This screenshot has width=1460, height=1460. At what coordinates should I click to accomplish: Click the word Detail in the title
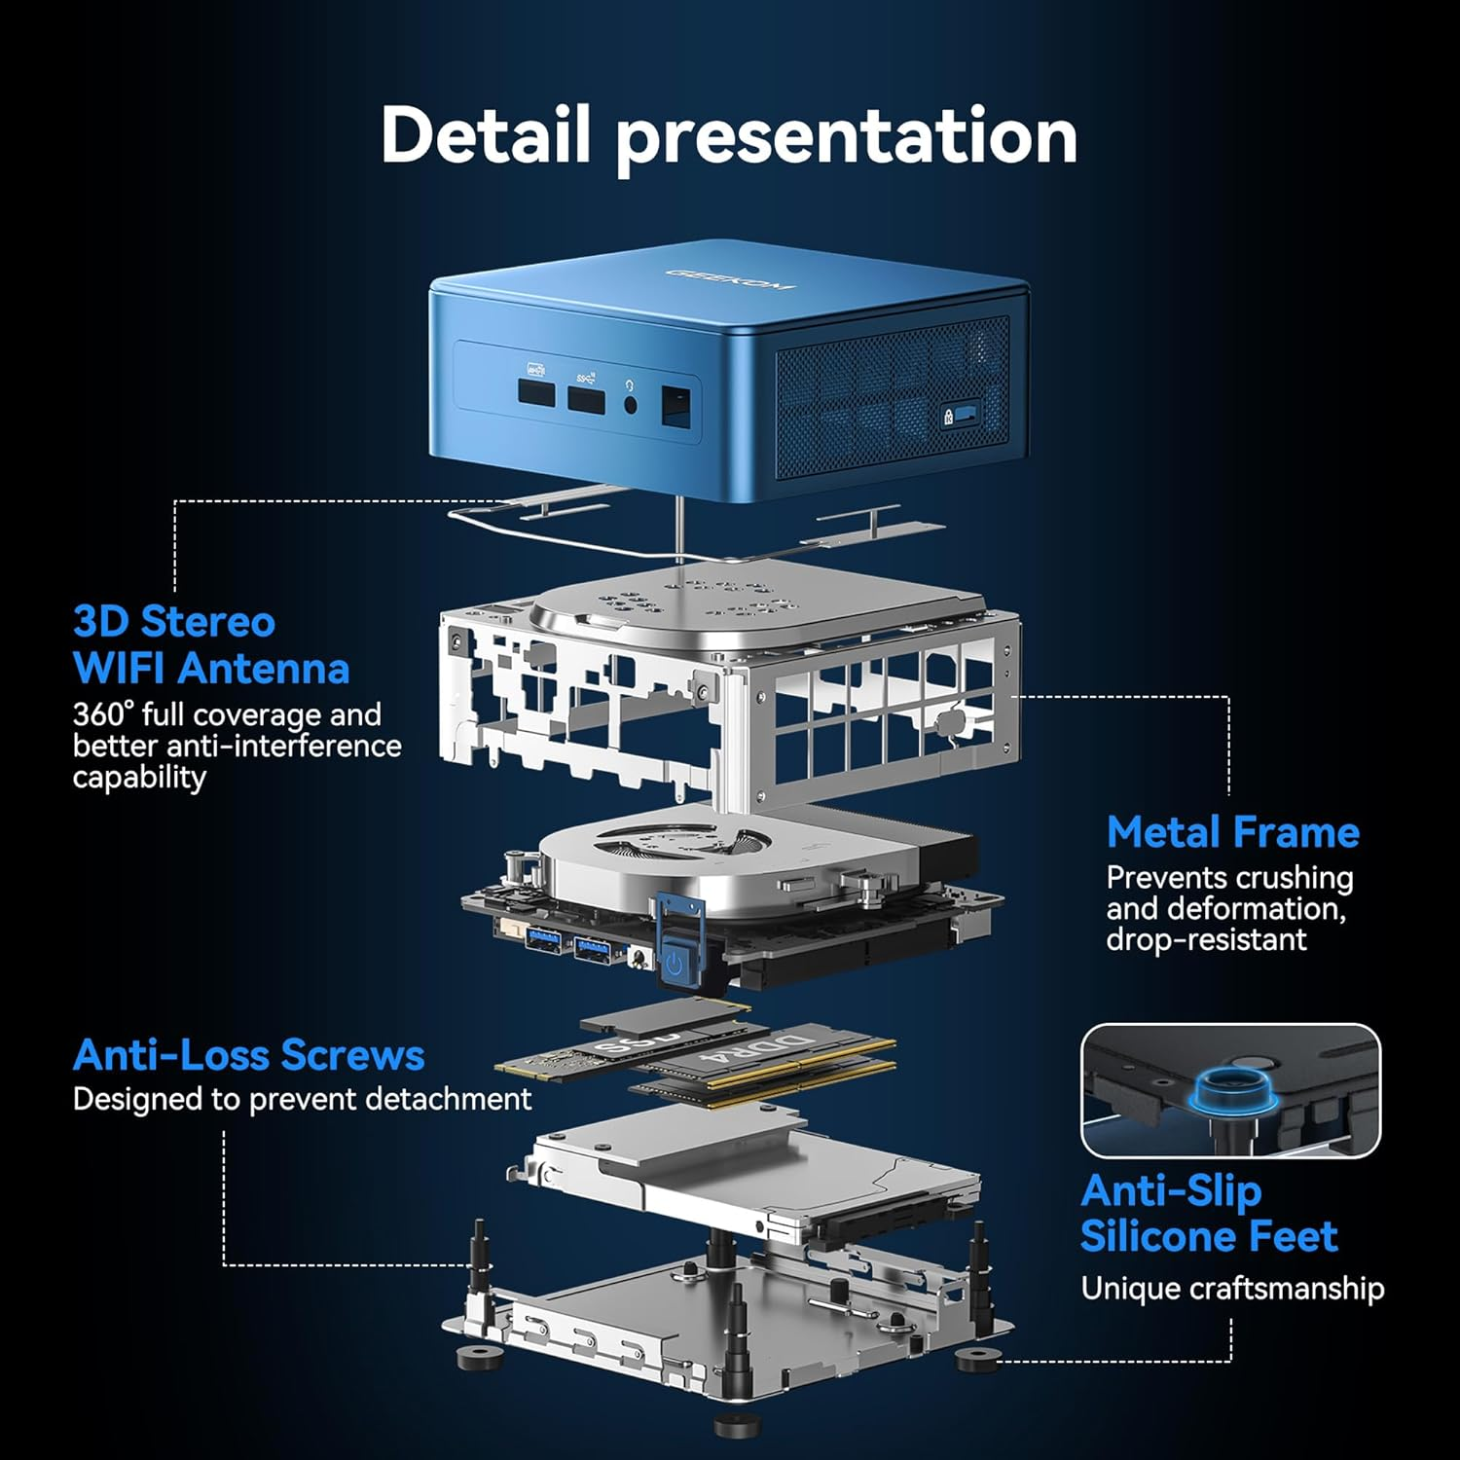(485, 134)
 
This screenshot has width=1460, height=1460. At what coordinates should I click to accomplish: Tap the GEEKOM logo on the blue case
(730, 279)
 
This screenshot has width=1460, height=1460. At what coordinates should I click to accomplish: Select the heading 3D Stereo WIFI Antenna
(210, 644)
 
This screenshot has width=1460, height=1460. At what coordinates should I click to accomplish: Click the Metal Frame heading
(1232, 833)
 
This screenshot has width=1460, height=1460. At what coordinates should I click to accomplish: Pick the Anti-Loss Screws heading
(248, 1055)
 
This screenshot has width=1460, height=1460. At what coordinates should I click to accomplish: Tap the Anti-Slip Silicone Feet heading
(1208, 1213)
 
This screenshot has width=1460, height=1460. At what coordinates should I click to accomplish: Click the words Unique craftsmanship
(1232, 1289)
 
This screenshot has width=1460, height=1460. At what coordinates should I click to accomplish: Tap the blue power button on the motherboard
(675, 964)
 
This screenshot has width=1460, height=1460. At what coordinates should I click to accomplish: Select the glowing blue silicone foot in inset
(1227, 1086)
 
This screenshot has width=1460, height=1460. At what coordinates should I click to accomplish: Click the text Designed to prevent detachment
(302, 1100)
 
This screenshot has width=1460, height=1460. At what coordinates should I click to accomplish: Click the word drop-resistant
(1206, 940)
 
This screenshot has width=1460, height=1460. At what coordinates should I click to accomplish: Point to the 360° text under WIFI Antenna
(101, 715)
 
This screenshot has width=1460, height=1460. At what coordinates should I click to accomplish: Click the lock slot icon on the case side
(948, 417)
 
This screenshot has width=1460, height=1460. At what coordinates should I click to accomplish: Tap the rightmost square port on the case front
(676, 404)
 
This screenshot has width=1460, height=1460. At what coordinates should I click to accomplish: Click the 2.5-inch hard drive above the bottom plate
(749, 1183)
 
